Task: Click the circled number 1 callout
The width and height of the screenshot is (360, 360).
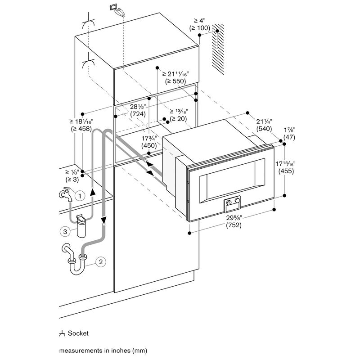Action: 80,196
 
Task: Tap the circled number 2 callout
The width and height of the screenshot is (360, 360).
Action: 101,261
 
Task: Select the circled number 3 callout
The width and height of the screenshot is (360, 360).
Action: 65,231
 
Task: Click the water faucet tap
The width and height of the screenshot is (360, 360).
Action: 66,194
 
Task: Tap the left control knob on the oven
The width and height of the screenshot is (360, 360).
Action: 229,202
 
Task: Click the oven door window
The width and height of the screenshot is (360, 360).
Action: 232,180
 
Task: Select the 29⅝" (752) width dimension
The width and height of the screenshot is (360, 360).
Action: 234,221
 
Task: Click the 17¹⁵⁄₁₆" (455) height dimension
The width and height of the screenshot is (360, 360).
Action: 286,167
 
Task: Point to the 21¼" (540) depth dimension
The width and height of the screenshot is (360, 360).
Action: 264,125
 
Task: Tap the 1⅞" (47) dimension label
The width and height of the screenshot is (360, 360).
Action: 289,134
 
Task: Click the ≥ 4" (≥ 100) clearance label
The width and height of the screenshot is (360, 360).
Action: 199,24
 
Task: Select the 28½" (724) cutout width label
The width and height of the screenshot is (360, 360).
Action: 138,110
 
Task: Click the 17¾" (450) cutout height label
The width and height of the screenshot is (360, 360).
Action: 149,142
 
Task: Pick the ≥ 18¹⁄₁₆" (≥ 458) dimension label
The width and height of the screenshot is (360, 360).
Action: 81,125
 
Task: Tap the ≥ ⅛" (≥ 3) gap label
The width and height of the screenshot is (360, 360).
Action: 72,175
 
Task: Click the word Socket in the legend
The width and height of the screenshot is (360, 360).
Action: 78,333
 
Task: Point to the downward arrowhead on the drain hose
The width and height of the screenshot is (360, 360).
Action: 104,220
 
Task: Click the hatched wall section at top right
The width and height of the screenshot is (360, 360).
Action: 218,49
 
